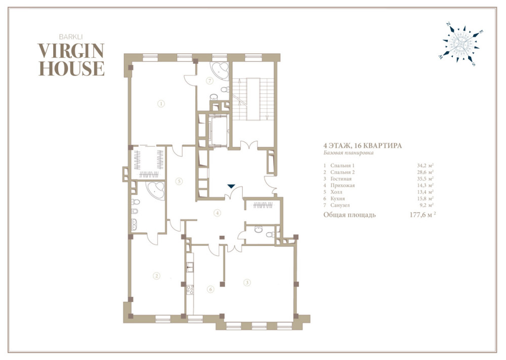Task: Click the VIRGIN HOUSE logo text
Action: [x=71, y=60]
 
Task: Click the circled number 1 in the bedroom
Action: [x=161, y=103]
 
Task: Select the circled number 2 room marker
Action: [x=156, y=276]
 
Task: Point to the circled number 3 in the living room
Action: [x=247, y=283]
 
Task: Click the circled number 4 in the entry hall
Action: [x=218, y=213]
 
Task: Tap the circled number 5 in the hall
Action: [x=179, y=181]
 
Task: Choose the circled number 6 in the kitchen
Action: [x=210, y=289]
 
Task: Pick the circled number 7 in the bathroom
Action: [x=210, y=81]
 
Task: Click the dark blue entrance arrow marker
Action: [x=231, y=186]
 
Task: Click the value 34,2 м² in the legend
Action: [x=425, y=165]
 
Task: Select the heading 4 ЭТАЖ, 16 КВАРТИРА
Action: [x=363, y=146]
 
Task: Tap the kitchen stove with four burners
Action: [x=190, y=290]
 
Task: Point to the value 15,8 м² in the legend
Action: [x=425, y=198]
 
